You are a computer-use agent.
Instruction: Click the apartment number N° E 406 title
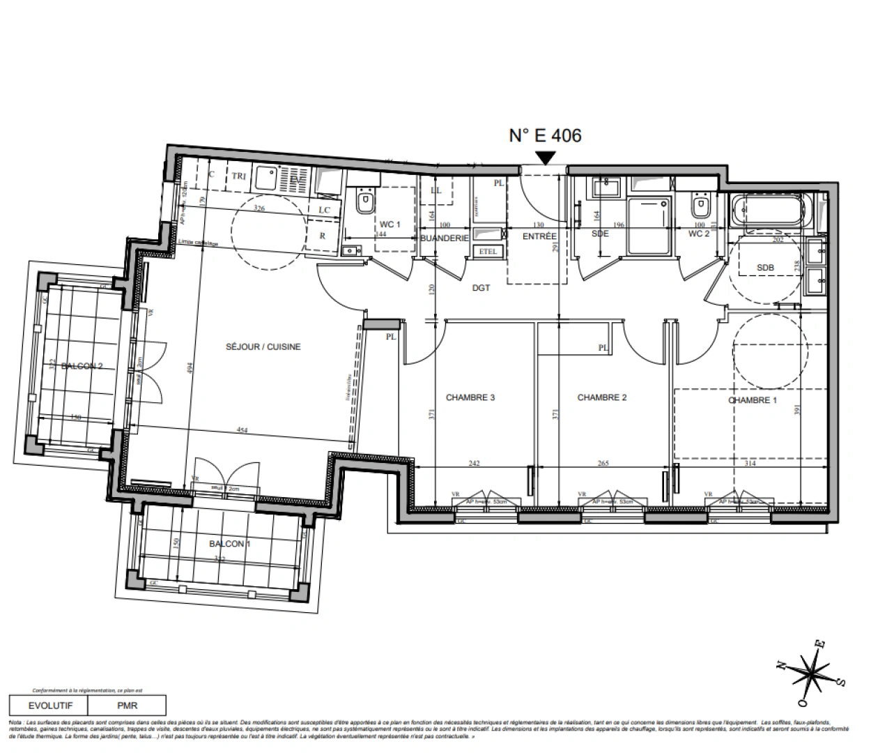pyautogui.click(x=544, y=135)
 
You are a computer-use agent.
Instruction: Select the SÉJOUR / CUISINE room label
pyautogui.click(x=263, y=347)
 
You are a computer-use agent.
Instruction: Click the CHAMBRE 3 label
pyautogui.click(x=470, y=398)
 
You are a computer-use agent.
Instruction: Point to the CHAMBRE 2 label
pyautogui.click(x=602, y=397)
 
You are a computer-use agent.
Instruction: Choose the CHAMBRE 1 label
pyautogui.click(x=752, y=400)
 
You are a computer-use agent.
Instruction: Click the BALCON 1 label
pyautogui.click(x=229, y=544)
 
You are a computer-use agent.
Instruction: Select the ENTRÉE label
pyautogui.click(x=539, y=236)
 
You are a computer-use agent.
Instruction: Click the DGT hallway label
pyautogui.click(x=481, y=287)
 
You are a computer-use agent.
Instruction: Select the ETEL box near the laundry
pyautogui.click(x=488, y=251)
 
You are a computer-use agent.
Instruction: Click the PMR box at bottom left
pyautogui.click(x=127, y=705)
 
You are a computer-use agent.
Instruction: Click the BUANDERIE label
pyautogui.click(x=444, y=238)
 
